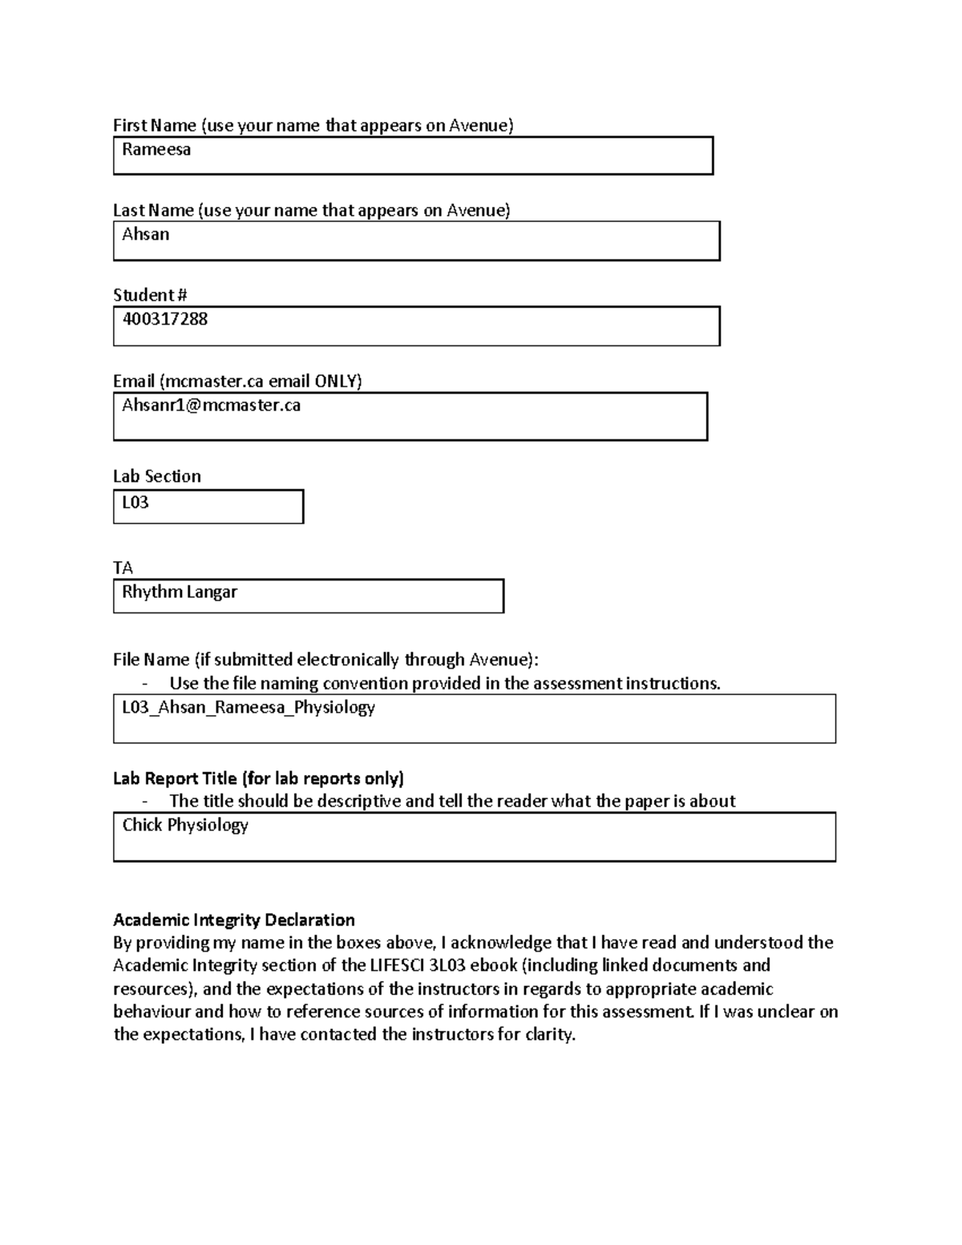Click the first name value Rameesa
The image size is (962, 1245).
[x=156, y=150]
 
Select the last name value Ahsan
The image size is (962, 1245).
[x=146, y=235]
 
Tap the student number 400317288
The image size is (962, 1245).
[x=164, y=319]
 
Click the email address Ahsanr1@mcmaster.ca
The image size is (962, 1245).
[x=211, y=406]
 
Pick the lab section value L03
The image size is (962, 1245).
[x=135, y=503]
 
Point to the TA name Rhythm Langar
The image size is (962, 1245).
[x=180, y=592]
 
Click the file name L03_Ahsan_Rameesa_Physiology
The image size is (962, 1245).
[x=249, y=708]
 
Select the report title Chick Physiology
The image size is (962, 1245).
[x=185, y=825]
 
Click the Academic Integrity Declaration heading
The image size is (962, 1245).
[x=233, y=920]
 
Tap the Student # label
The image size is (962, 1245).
[x=150, y=295]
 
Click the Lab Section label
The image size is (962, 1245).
[x=157, y=476]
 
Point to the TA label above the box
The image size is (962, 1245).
[x=123, y=568]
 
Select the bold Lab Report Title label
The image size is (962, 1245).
[x=258, y=778]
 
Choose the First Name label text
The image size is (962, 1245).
[x=155, y=125]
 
